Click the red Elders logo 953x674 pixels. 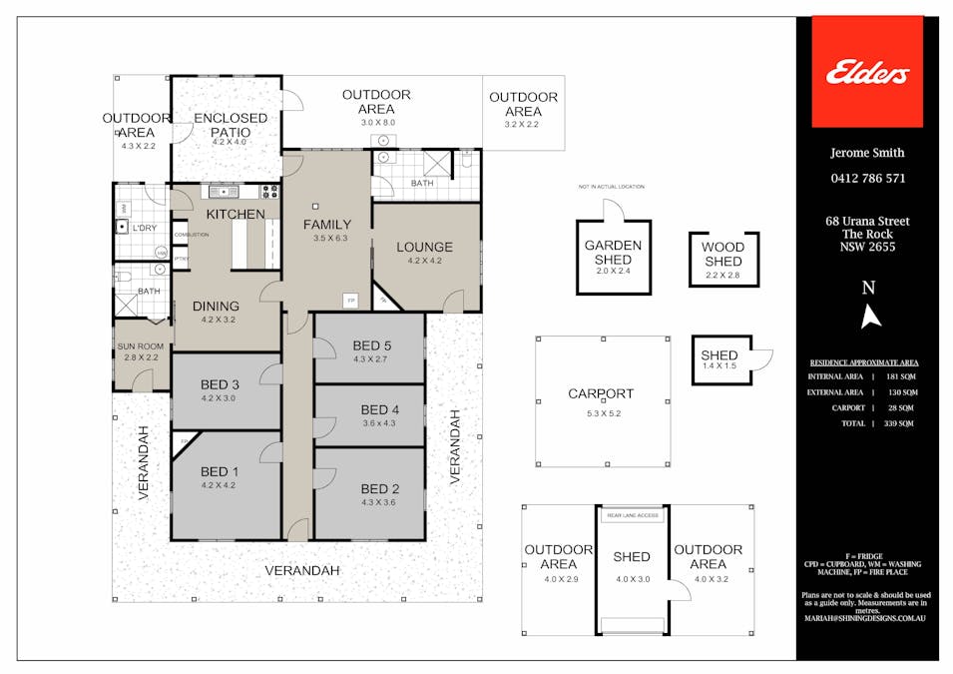coord(866,72)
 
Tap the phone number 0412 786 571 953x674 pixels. coord(867,179)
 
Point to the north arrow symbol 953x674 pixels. coord(870,316)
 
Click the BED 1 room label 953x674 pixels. coord(220,472)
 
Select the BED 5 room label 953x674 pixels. coord(371,346)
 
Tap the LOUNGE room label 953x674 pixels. coord(424,247)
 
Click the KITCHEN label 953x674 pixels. coord(236,215)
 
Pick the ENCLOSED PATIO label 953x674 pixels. coord(231,125)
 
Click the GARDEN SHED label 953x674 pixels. coord(613,253)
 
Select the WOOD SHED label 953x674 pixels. coord(722,255)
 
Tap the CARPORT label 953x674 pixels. coord(601,393)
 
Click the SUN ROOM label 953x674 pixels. coord(141,347)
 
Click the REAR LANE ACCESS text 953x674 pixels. coord(632,515)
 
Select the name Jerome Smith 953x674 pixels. coord(867,153)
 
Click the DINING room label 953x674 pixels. coord(217,307)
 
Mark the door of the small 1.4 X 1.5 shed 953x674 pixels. coord(763,360)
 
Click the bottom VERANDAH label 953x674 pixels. coord(302,570)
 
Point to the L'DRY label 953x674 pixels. coord(145,229)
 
